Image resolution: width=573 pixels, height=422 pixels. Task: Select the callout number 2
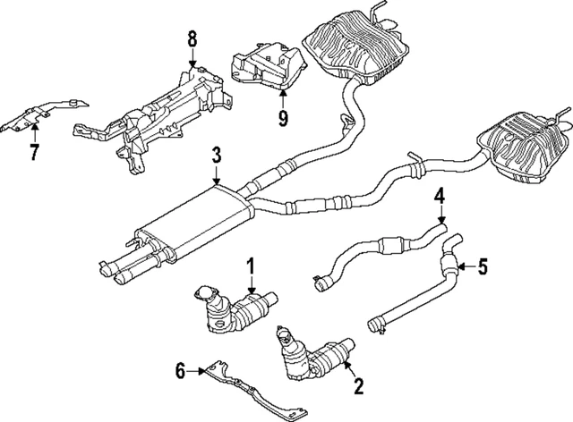358,386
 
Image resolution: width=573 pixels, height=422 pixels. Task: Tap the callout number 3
216,156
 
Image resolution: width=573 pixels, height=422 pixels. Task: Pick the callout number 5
483,265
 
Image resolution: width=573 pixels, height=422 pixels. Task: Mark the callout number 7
34,151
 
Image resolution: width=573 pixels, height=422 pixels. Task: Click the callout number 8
192,40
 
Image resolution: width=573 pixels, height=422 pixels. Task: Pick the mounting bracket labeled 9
264,67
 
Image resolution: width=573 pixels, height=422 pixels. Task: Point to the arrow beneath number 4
440,217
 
